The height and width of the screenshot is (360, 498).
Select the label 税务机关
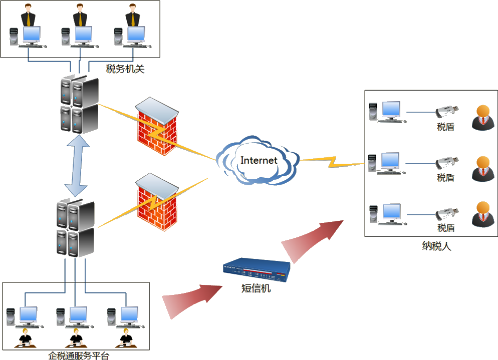(x=125, y=69)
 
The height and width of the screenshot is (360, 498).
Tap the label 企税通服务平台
(x=79, y=355)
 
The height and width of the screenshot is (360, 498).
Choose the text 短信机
(x=256, y=288)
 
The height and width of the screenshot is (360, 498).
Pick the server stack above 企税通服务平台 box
(x=75, y=228)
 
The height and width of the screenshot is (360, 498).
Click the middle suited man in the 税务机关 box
(x=81, y=15)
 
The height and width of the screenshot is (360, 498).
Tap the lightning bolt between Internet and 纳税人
(x=331, y=161)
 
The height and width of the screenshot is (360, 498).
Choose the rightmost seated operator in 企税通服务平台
(x=126, y=339)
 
